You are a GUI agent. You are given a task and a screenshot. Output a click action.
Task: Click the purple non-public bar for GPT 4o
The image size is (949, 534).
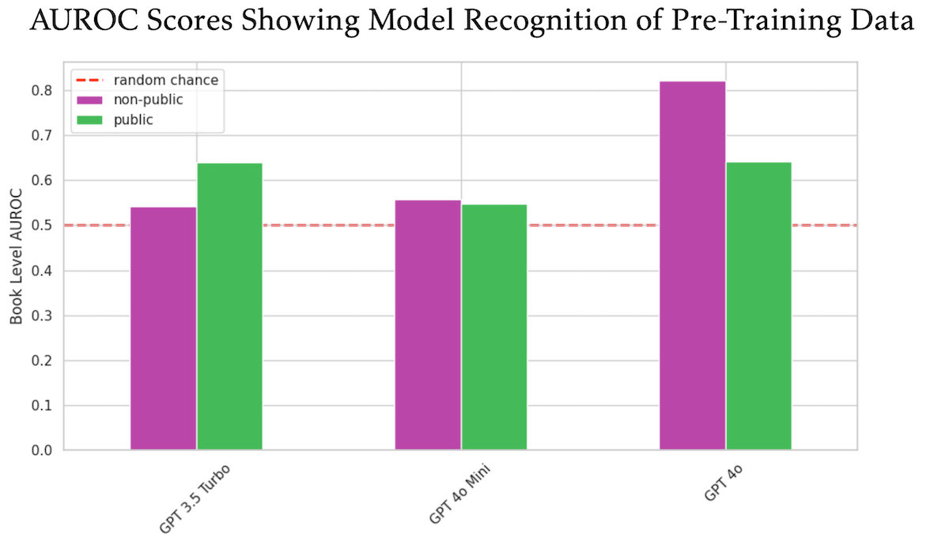(x=692, y=266)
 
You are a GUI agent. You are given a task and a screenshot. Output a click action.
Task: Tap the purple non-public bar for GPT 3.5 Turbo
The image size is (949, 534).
(x=163, y=328)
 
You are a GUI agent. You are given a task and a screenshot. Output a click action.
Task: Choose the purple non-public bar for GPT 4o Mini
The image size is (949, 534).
(x=428, y=325)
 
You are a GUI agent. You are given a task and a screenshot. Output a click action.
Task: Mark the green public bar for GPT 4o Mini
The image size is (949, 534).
(x=494, y=328)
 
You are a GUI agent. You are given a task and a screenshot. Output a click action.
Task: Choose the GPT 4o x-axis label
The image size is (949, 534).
(x=723, y=484)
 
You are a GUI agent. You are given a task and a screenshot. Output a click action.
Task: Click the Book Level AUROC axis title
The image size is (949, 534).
(x=17, y=256)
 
